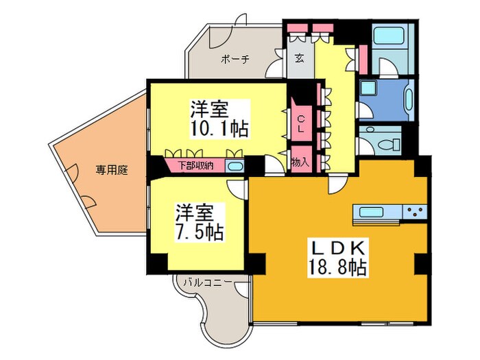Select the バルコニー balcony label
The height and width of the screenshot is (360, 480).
pyautogui.click(x=206, y=282)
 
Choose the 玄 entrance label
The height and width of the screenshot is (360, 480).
pyautogui.click(x=300, y=59)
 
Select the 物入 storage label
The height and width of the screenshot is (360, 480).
pyautogui.click(x=300, y=163)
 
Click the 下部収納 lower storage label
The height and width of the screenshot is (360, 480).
pyautogui.click(x=195, y=165)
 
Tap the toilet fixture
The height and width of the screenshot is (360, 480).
pyautogui.click(x=390, y=143)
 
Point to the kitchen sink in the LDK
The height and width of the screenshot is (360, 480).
pyautogui.click(x=371, y=211)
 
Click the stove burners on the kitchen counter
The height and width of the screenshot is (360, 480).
pyautogui.click(x=414, y=211)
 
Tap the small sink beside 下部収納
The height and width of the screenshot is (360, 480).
pyautogui.click(x=235, y=167)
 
